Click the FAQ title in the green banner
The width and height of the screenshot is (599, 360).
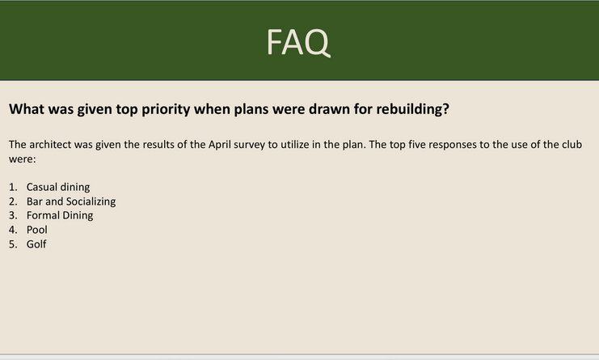point(298,42)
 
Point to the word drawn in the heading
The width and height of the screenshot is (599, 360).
point(329,109)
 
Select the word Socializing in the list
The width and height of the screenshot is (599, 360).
point(91,201)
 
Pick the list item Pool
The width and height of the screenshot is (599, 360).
point(37,230)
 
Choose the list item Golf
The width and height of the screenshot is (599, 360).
point(36,244)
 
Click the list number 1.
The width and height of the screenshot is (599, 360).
point(13,187)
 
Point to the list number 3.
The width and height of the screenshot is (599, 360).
point(13,215)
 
